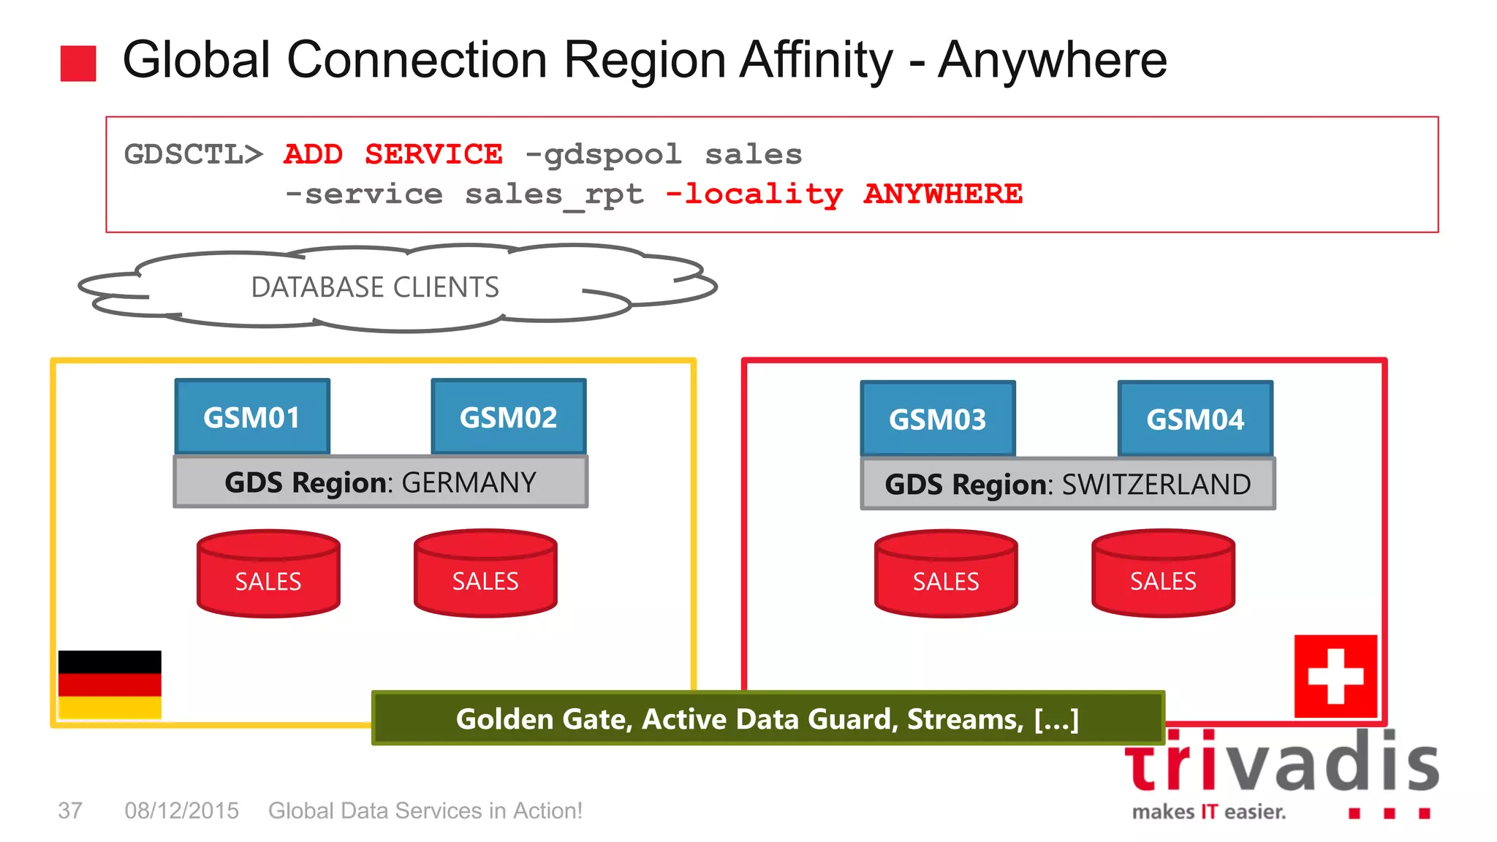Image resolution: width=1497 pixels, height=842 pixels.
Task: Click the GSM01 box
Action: click(x=252, y=417)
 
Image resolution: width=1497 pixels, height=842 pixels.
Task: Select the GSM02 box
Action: click(x=509, y=417)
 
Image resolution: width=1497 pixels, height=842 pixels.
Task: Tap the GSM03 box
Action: click(x=938, y=420)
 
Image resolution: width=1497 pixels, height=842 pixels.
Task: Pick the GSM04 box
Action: click(x=1195, y=420)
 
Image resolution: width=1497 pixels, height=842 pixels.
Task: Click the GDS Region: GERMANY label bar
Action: click(x=380, y=482)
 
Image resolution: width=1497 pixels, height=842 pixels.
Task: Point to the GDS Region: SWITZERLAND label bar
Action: click(x=1068, y=485)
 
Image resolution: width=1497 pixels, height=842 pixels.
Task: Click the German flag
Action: click(x=110, y=684)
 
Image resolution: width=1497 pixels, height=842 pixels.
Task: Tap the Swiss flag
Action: click(x=1335, y=676)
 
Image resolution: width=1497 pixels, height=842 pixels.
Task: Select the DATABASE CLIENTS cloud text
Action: click(x=375, y=287)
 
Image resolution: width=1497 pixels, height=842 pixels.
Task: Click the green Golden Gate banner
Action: click(x=768, y=719)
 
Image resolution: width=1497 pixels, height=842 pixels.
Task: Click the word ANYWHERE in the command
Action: click(x=943, y=194)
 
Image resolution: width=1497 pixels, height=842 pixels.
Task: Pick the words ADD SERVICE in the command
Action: click(x=393, y=154)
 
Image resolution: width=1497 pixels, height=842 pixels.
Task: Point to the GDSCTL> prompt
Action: click(x=193, y=154)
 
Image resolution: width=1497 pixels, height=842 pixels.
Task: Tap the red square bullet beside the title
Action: click(x=78, y=63)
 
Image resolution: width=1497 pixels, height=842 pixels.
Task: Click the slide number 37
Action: click(x=70, y=811)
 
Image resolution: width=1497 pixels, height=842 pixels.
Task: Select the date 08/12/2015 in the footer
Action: click(x=181, y=811)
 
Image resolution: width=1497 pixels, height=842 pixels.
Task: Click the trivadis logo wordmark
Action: click(x=1281, y=764)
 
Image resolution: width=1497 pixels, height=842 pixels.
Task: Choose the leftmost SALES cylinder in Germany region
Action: click(x=268, y=574)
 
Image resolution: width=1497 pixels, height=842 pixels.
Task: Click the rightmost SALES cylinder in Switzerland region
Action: click(x=1163, y=574)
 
